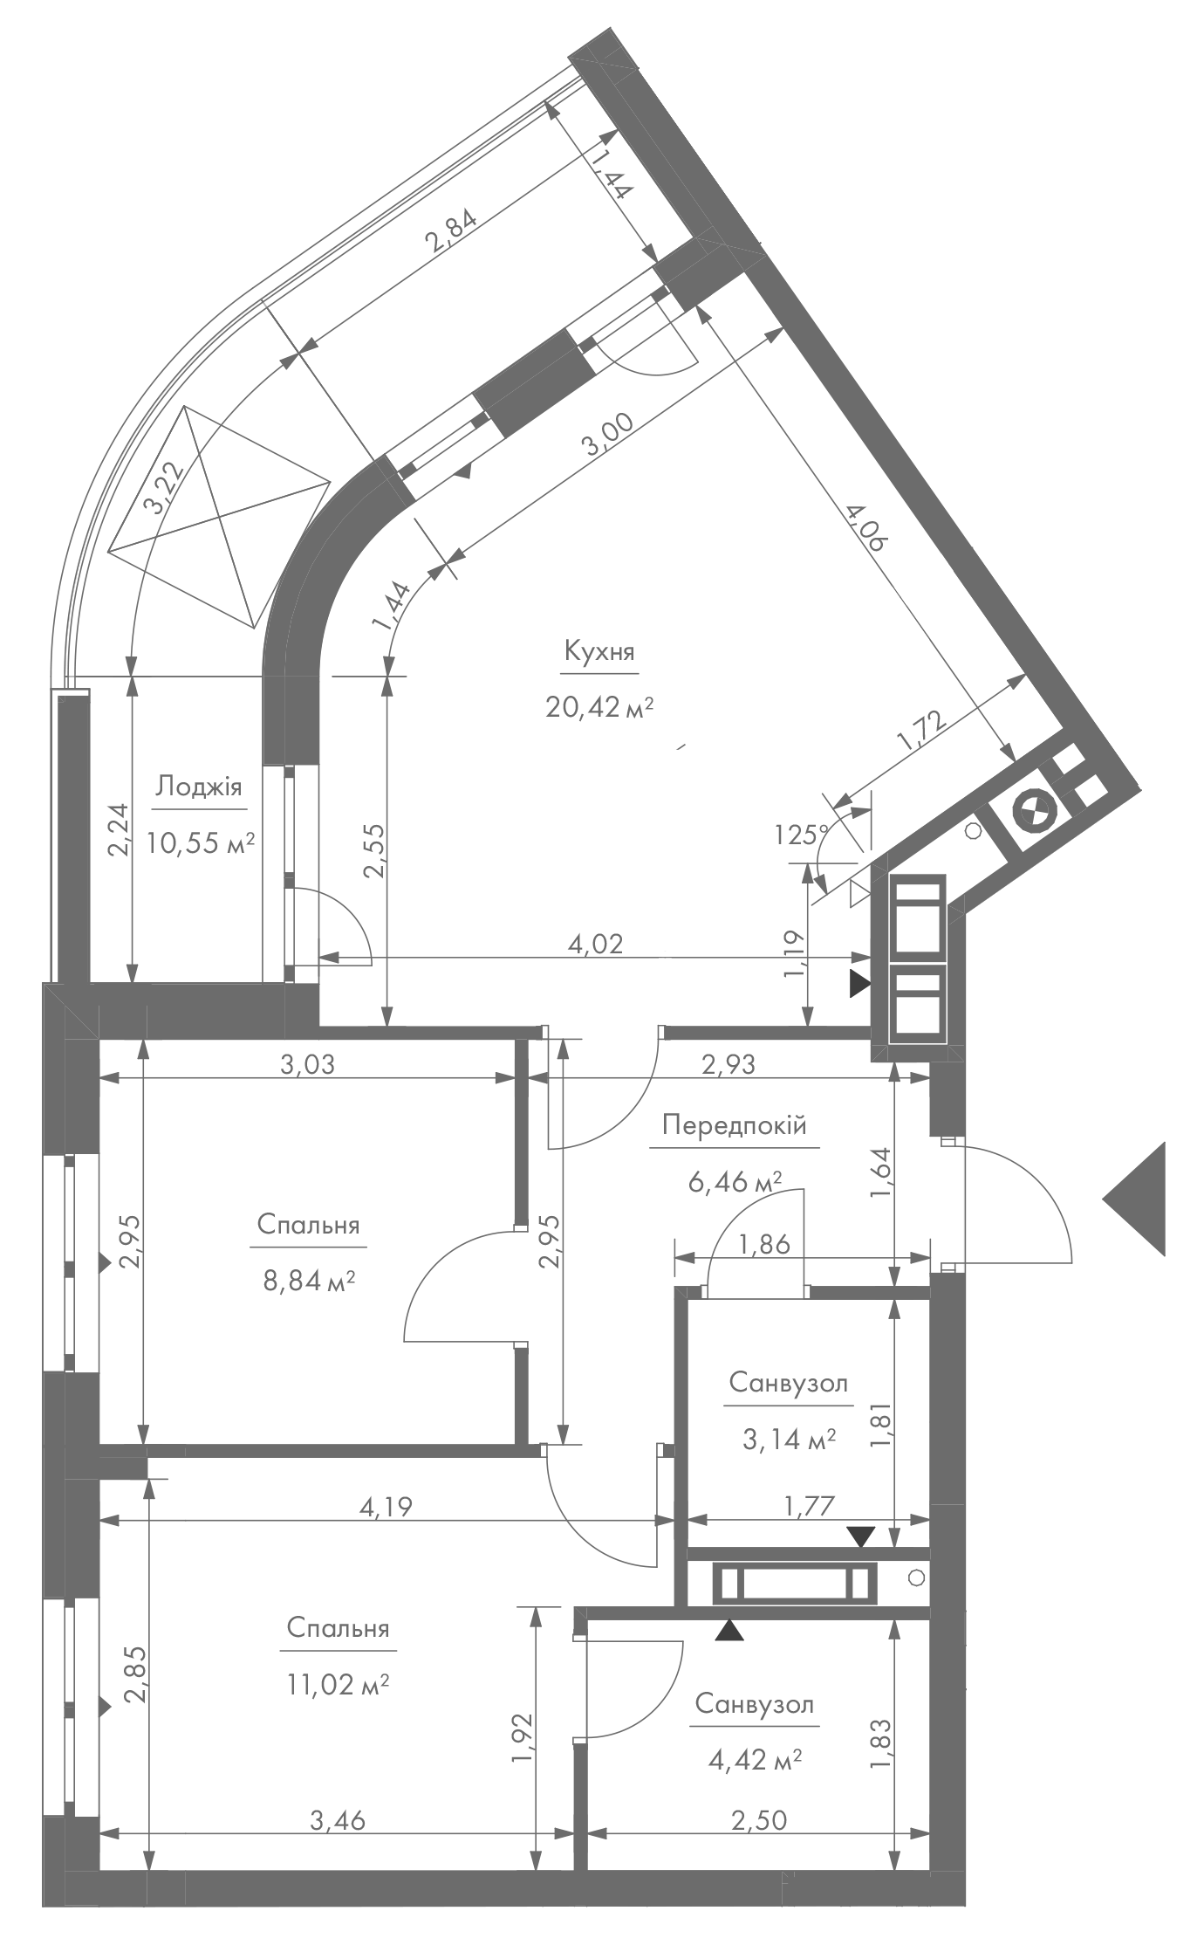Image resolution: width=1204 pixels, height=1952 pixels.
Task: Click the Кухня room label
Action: pyautogui.click(x=599, y=652)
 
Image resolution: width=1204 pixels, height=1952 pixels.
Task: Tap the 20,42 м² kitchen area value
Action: pyautogui.click(x=599, y=706)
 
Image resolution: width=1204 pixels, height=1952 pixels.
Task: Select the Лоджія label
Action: pyautogui.click(x=198, y=787)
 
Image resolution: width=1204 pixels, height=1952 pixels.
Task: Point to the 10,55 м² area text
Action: pyautogui.click(x=201, y=842)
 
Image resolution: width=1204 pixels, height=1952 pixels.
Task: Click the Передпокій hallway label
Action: pyautogui.click(x=734, y=1125)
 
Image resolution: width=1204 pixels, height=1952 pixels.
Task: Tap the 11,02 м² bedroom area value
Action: pyautogui.click(x=338, y=1684)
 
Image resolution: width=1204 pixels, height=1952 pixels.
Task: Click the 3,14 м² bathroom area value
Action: pyautogui.click(x=789, y=1439)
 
